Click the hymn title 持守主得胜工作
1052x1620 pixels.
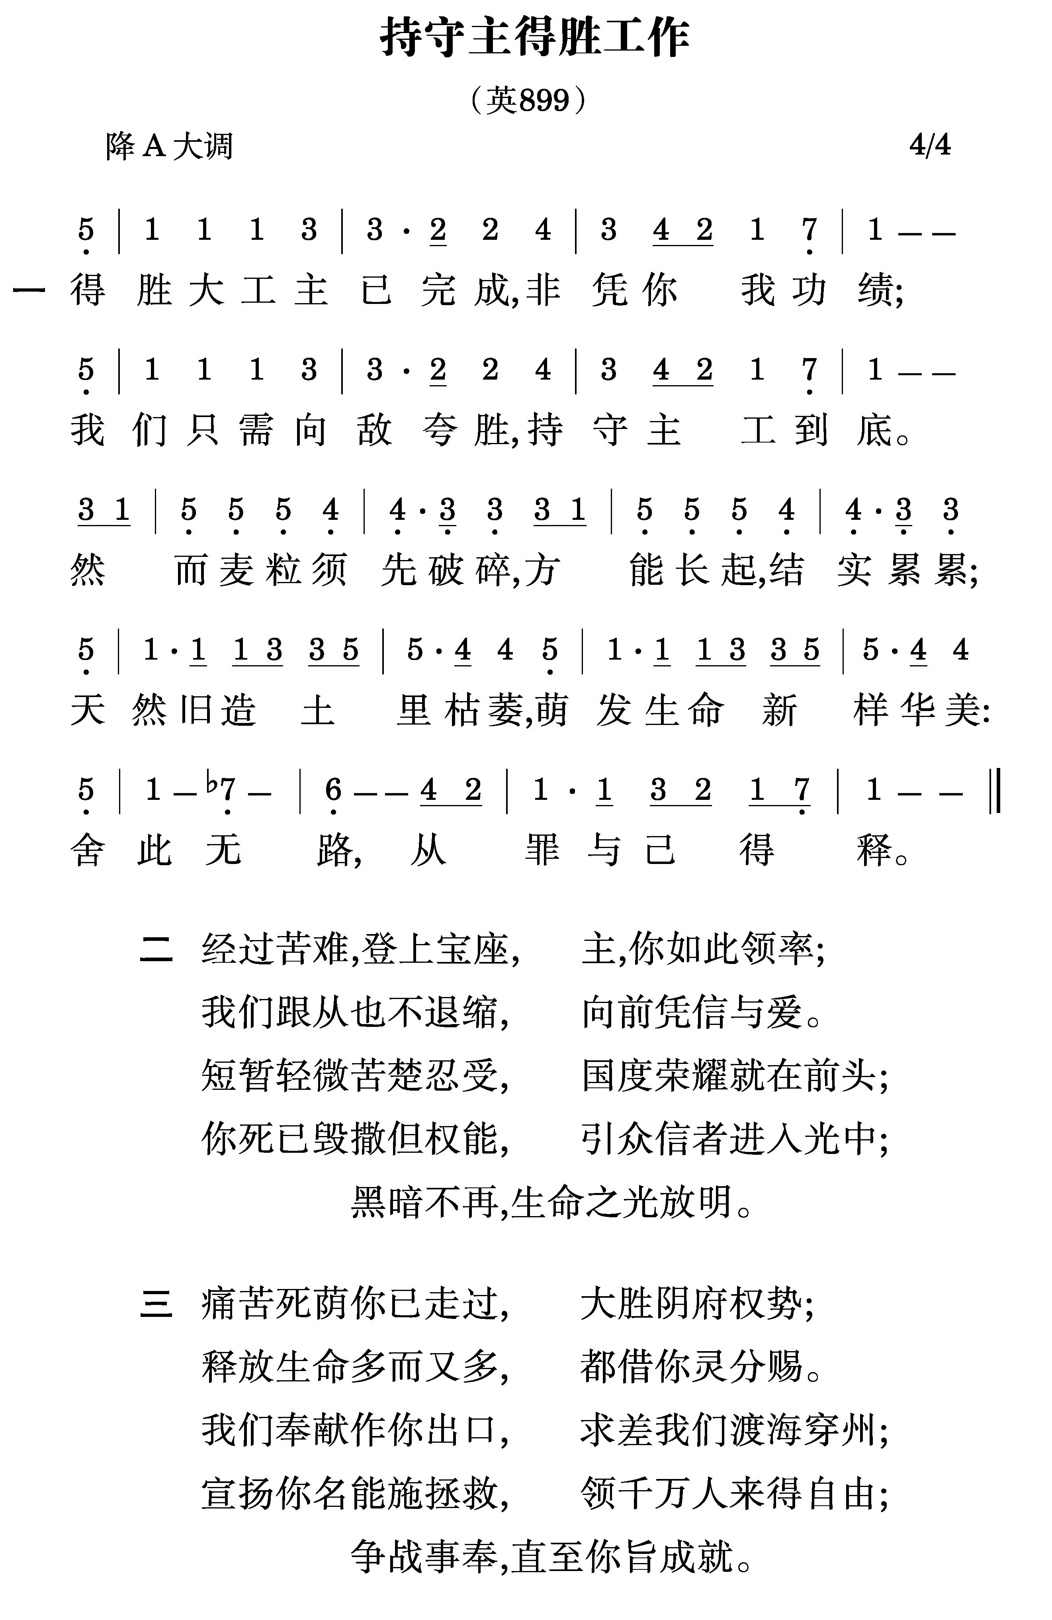pyautogui.click(x=535, y=38)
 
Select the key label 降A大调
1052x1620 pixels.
pyautogui.click(x=169, y=146)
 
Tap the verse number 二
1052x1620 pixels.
pyautogui.click(x=156, y=948)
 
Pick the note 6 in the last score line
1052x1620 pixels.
pyautogui.click(x=333, y=789)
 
